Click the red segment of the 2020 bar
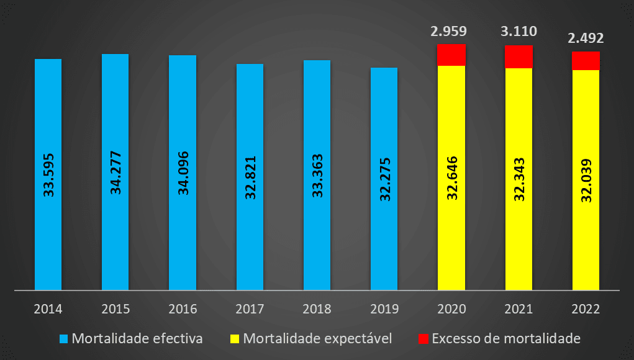(x=451, y=55)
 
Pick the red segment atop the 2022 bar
(x=586, y=61)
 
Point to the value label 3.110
(x=519, y=31)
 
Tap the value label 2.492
(x=586, y=38)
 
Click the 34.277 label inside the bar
(x=115, y=174)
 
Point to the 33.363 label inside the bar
(x=317, y=176)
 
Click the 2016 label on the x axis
(x=183, y=308)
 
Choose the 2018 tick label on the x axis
(x=317, y=308)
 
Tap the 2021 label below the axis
(x=519, y=308)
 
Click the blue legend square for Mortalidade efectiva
(x=64, y=339)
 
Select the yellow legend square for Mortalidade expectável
(x=235, y=339)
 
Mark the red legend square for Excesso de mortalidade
(x=423, y=339)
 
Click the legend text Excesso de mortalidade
(x=505, y=339)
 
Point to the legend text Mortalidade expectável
(x=317, y=339)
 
